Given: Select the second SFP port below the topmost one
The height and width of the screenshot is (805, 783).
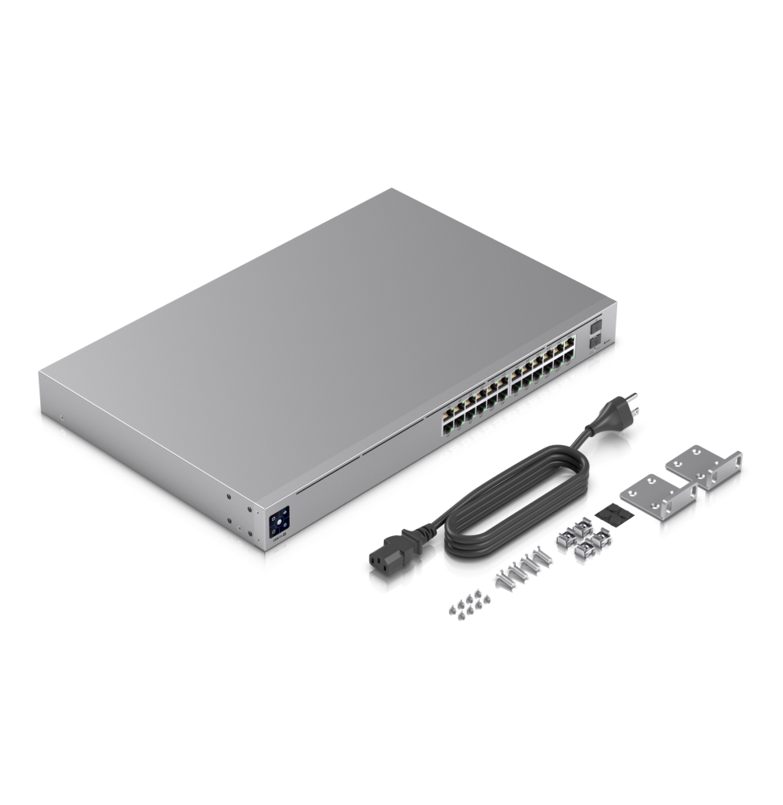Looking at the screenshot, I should pos(596,342).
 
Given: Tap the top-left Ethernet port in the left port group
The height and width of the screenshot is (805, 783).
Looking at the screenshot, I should pos(445,411).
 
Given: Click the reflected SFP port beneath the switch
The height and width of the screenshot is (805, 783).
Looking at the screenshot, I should pos(595,365).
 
